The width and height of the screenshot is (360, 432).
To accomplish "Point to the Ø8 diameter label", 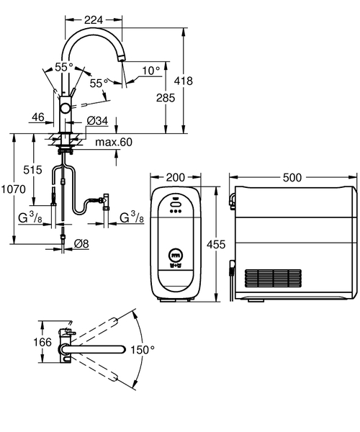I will pos(81,243).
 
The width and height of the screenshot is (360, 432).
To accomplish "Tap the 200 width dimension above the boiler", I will pos(175,177).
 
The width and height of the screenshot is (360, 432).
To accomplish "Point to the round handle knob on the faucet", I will pos(66,107).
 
